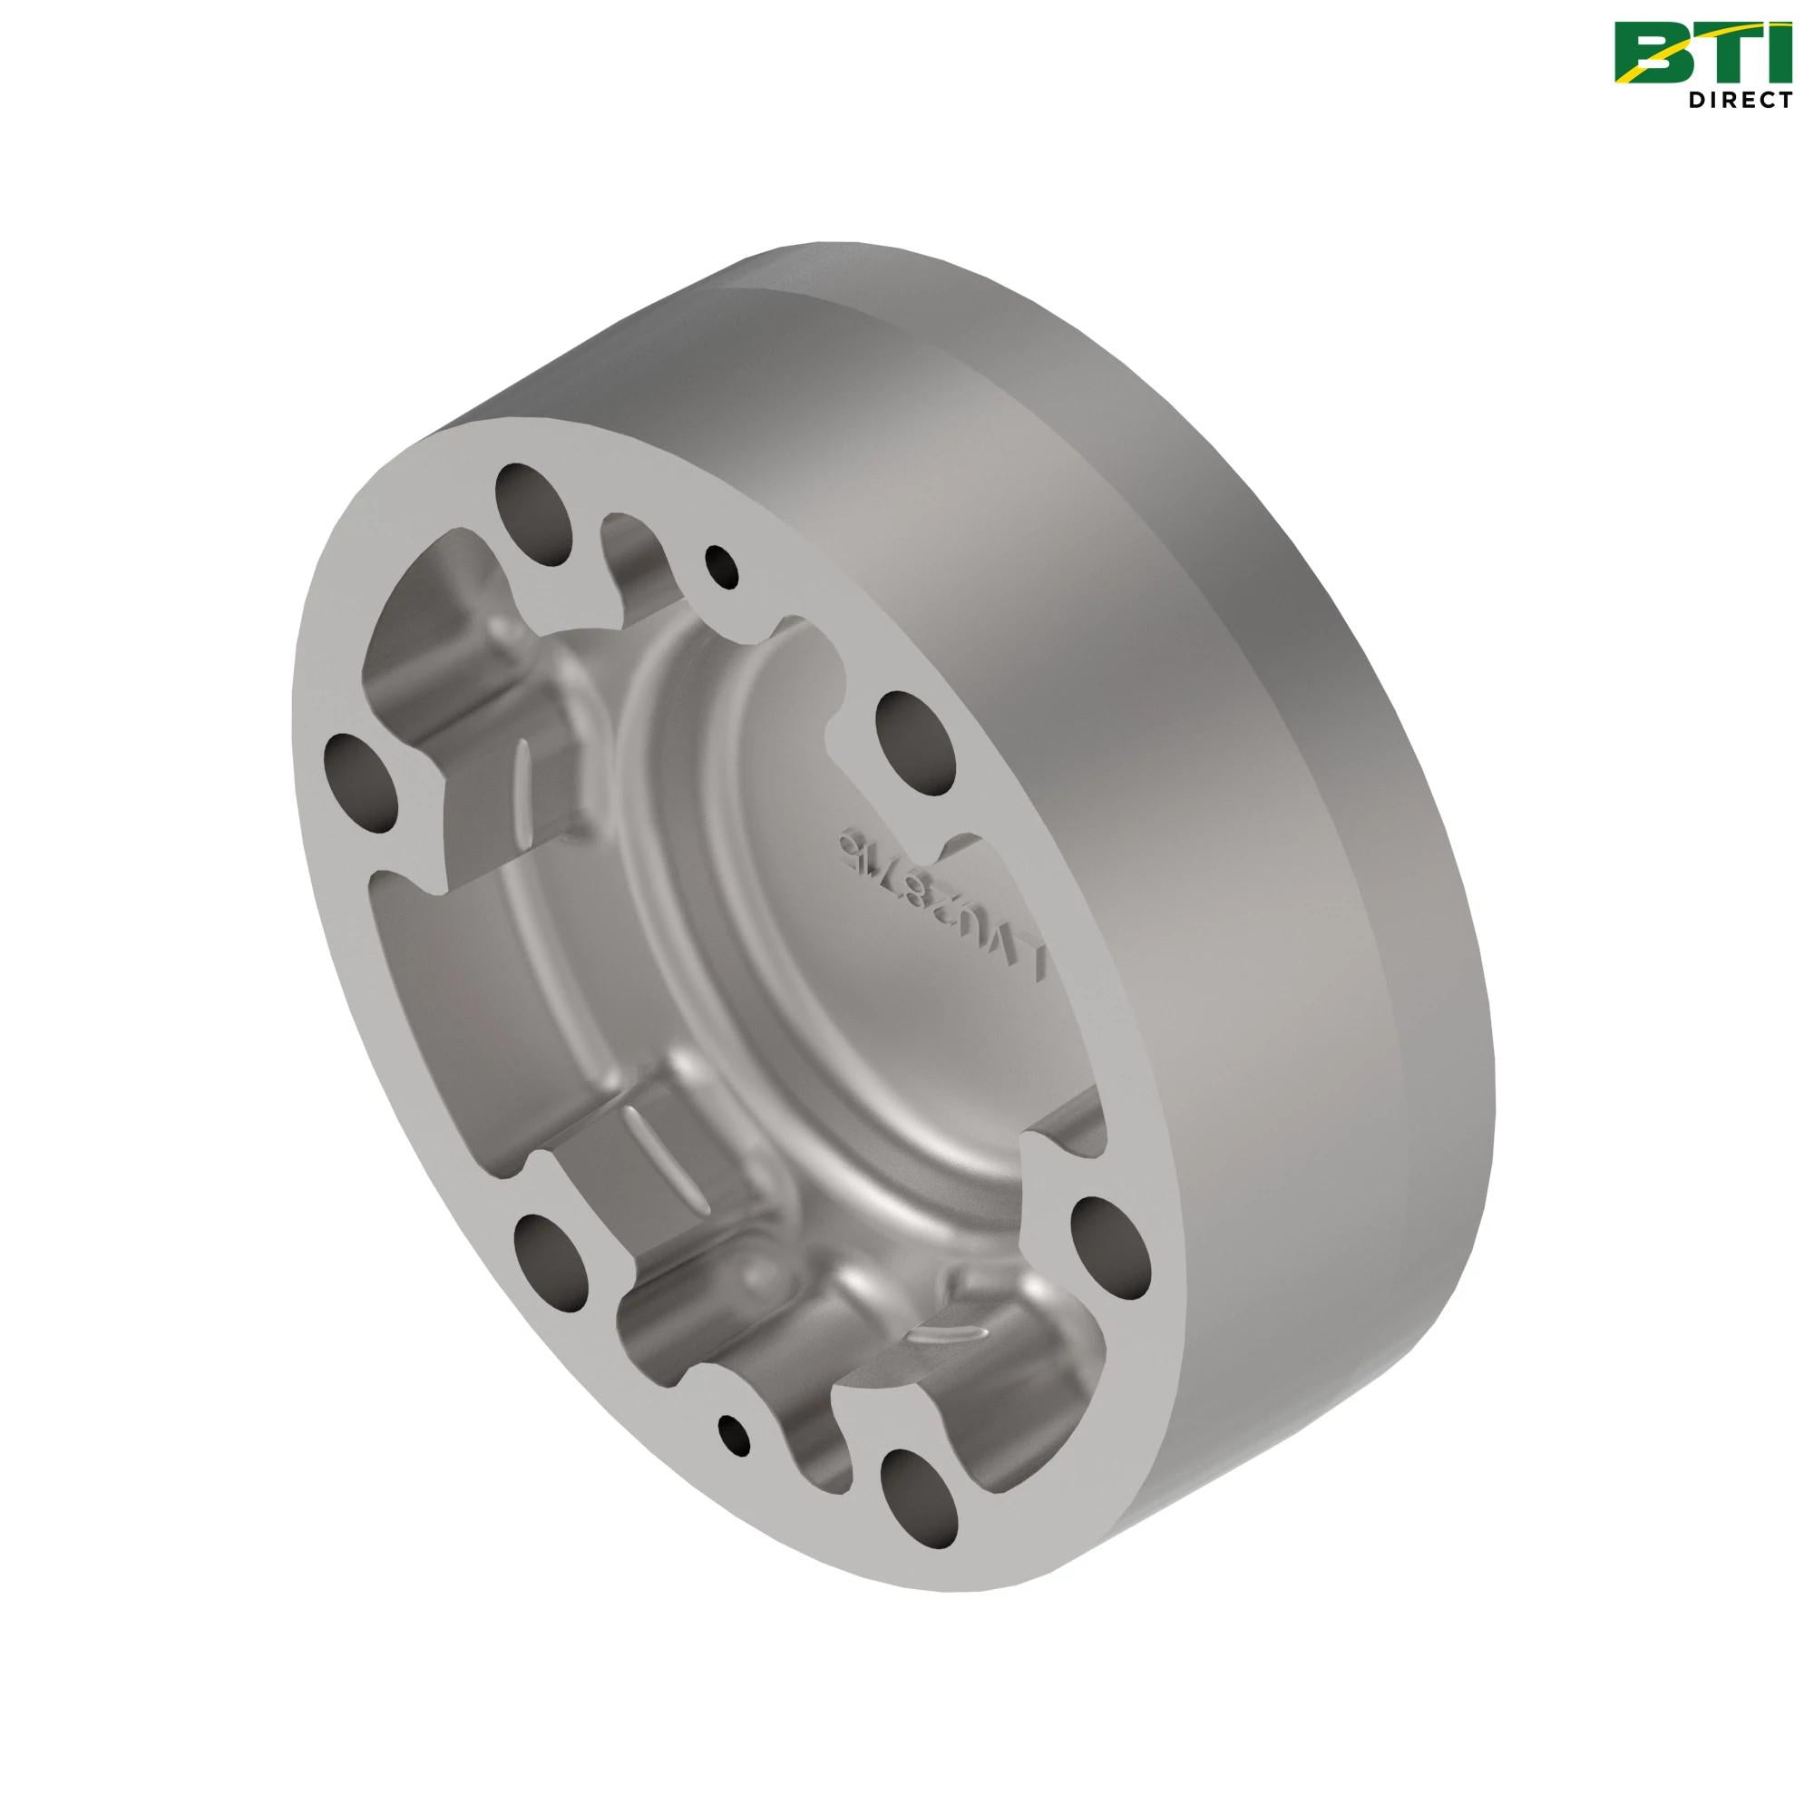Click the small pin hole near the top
click(723, 565)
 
